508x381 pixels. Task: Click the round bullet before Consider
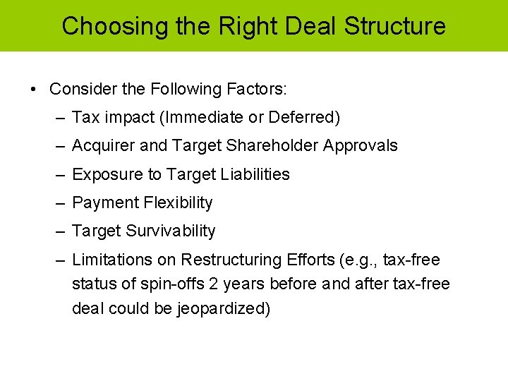point(34,90)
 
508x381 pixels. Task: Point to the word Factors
point(255,90)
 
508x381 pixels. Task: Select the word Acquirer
point(100,146)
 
